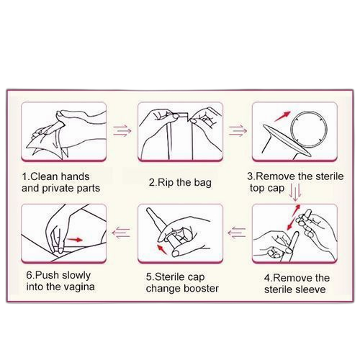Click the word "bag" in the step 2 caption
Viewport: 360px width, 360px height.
203,183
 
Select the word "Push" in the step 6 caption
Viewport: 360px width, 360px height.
48,275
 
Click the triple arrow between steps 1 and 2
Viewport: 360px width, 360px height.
122,131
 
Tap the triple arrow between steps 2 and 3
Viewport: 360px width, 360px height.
238,131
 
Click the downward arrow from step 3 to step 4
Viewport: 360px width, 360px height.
295,192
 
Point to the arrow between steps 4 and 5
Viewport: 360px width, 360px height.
237,233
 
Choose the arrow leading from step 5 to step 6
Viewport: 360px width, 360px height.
121,233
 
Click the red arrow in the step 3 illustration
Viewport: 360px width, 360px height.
282,117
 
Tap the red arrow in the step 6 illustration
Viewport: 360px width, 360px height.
75,240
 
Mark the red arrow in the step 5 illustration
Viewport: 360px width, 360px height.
162,249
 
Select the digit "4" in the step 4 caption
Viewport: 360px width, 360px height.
267,278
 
